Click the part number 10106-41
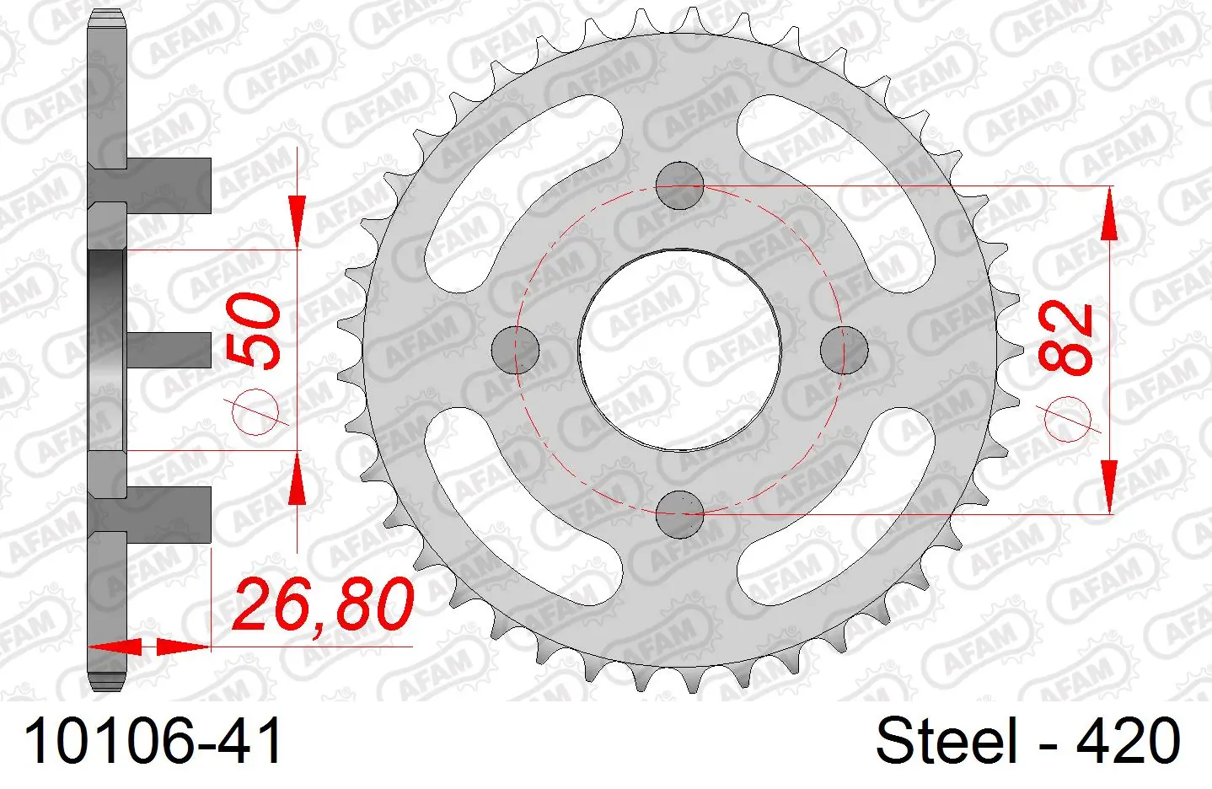click(153, 740)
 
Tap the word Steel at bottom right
click(947, 740)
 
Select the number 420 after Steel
click(1128, 740)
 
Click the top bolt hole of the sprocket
click(679, 185)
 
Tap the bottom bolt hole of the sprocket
click(679, 515)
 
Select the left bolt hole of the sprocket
click(515, 350)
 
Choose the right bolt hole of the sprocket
click(844, 350)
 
